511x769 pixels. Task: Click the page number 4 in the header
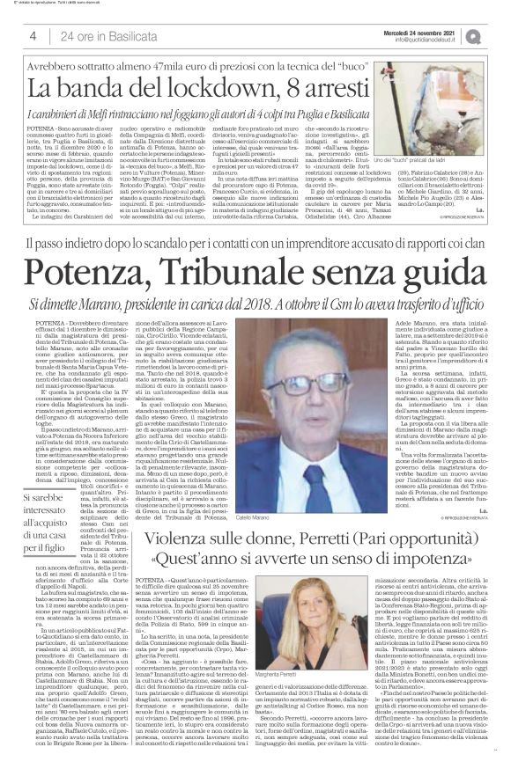[33, 34]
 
